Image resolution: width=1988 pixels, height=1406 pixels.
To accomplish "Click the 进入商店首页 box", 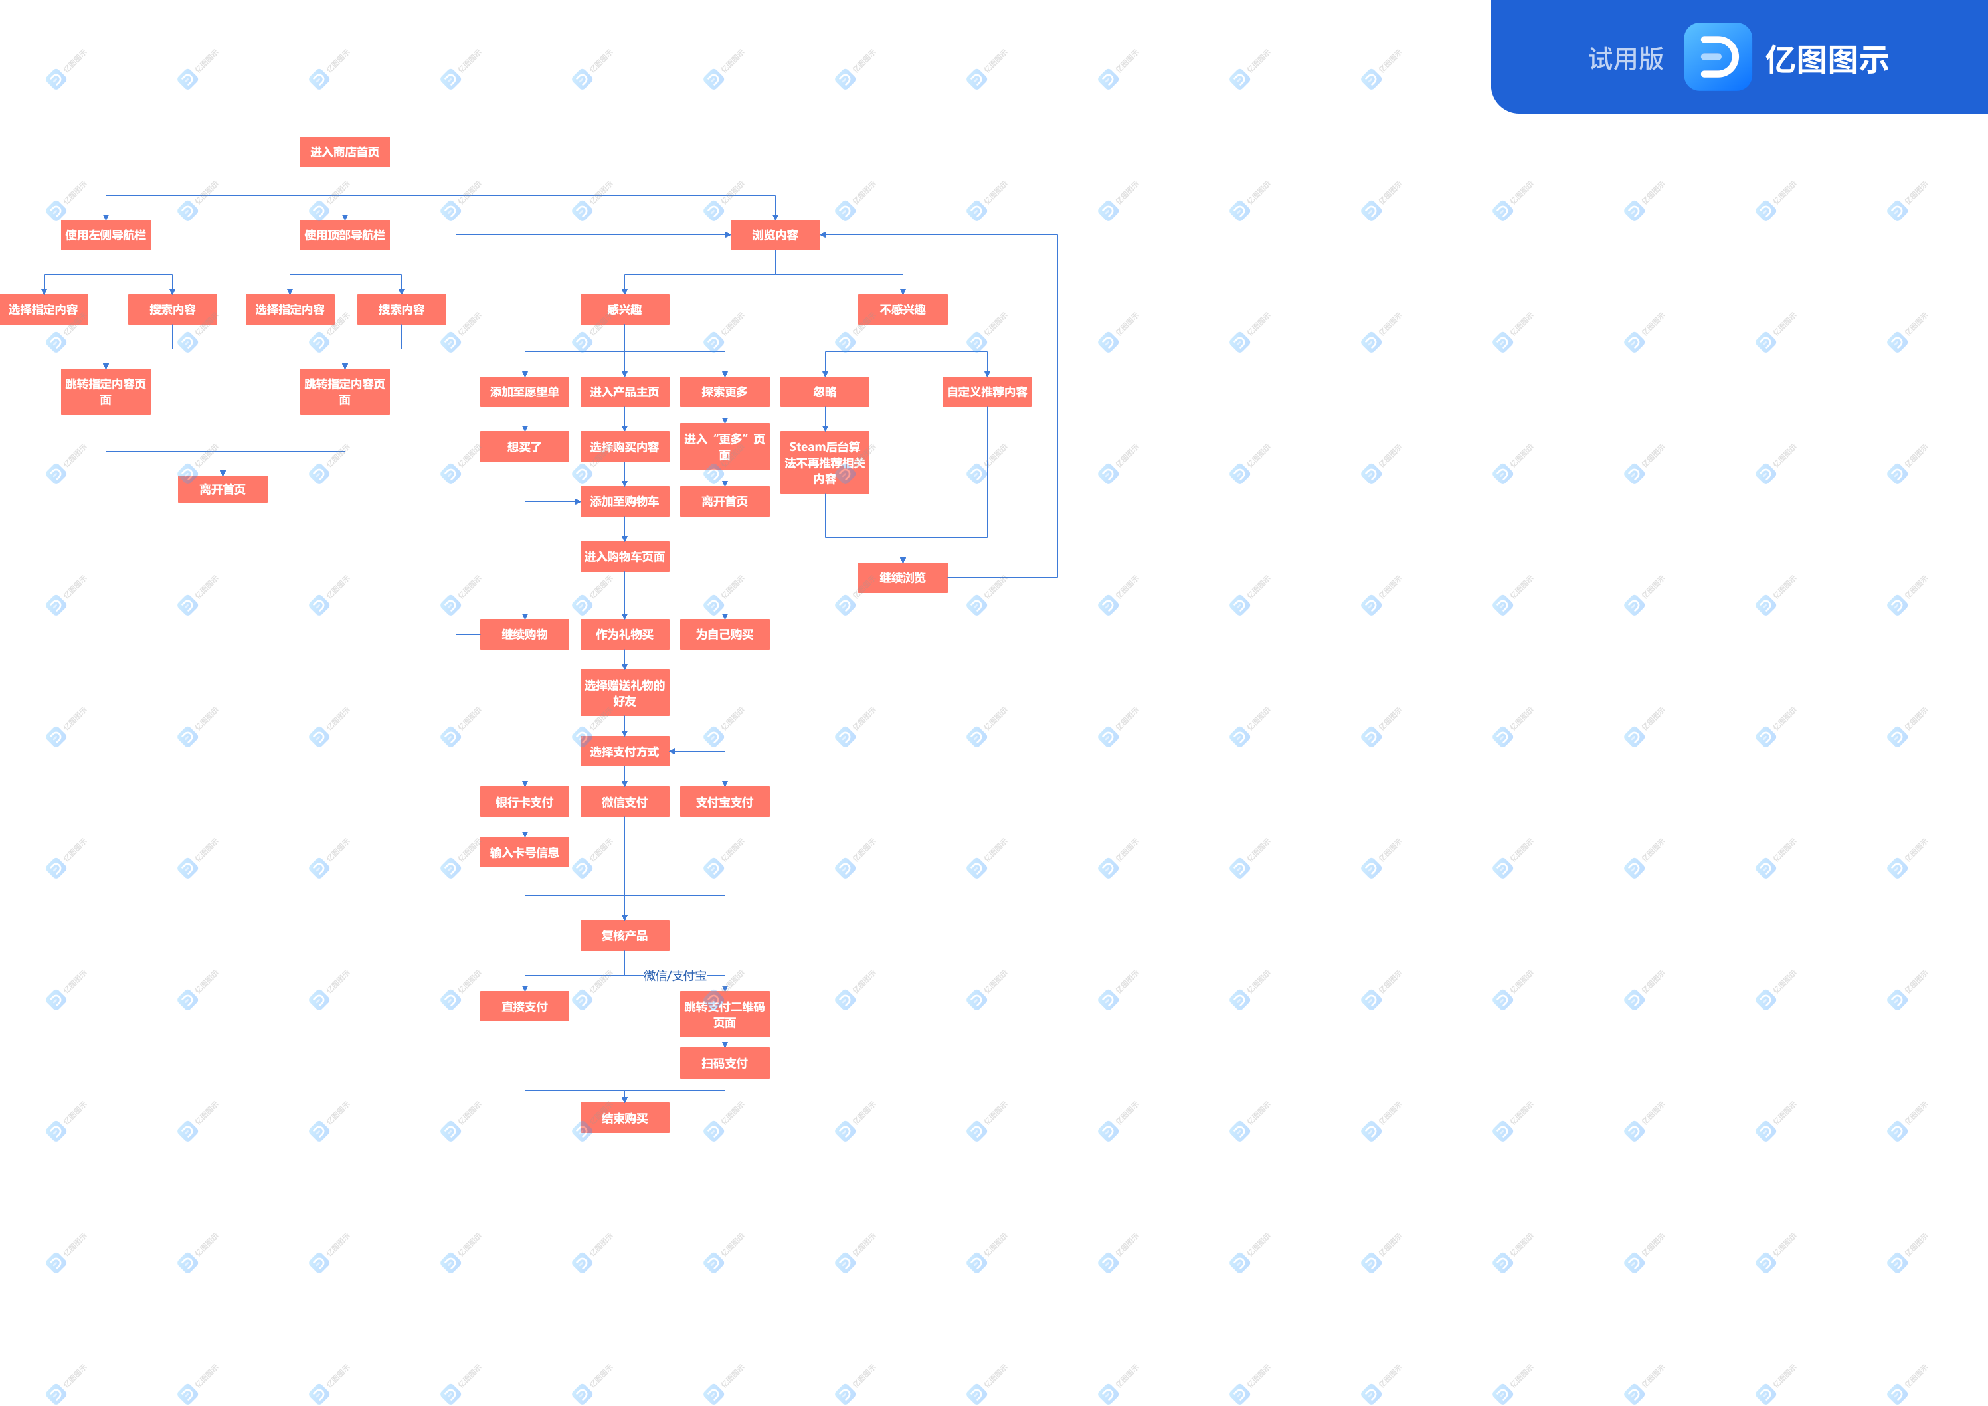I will [345, 152].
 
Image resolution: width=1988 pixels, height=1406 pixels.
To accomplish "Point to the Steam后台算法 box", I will [824, 463].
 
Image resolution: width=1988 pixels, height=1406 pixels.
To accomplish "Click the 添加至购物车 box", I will [624, 502].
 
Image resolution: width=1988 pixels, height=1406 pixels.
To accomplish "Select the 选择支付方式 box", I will [624, 752].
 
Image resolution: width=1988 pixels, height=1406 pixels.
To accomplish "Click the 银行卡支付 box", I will [525, 802].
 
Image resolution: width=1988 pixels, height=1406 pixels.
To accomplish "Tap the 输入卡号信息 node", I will [525, 853].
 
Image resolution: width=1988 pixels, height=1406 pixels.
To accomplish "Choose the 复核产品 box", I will [624, 936].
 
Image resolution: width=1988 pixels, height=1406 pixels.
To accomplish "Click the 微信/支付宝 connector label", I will [676, 976].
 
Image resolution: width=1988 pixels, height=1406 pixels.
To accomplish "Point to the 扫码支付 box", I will [725, 1063].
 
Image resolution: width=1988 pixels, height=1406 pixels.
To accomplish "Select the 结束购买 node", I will [624, 1118].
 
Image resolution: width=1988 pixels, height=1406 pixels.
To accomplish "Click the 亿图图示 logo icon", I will [1717, 57].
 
